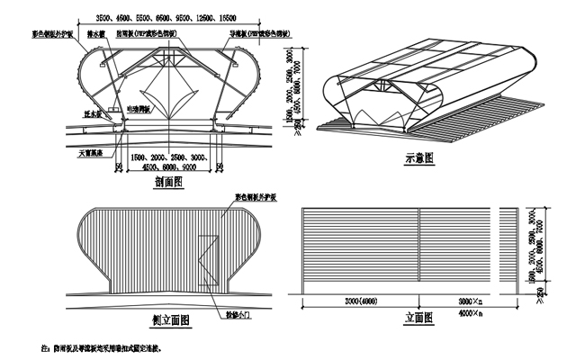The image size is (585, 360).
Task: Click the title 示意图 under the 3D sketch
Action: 418,157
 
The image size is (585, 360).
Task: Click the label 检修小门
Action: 233,316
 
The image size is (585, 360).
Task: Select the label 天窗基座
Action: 90,153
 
